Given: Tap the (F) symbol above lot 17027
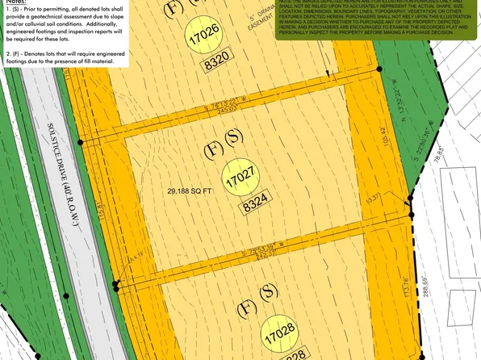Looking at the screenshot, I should point(213,149).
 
